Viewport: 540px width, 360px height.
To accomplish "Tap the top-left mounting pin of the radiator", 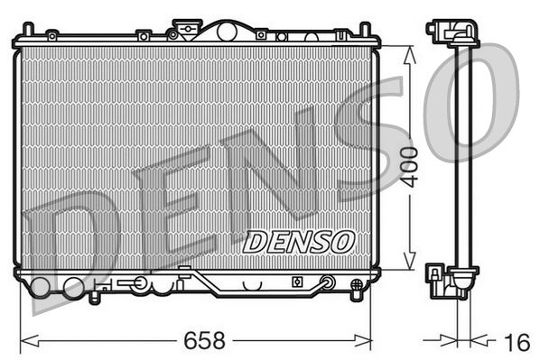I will coord(27,30).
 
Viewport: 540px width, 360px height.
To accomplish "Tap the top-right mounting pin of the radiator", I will coord(365,30).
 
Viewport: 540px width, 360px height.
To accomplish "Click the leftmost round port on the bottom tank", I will coord(42,289).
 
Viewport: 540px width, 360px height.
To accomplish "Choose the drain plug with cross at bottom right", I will coord(327,283).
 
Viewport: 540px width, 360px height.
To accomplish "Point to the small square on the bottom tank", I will coord(295,282).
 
